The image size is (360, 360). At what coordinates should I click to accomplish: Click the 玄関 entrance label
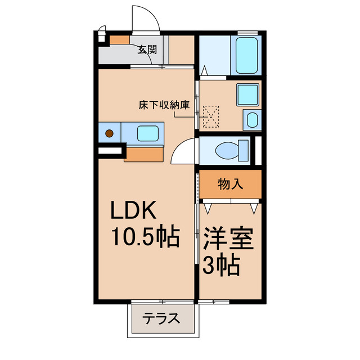pos(147,49)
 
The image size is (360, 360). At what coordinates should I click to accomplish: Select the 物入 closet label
pos(230,184)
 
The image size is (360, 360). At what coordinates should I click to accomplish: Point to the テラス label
pos(160,319)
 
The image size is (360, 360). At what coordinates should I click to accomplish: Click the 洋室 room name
pos(228,239)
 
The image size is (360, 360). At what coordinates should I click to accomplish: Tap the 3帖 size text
pos(222,264)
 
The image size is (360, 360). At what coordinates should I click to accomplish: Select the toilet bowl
pos(231,150)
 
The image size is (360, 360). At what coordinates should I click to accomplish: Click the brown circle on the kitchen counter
pos(109,134)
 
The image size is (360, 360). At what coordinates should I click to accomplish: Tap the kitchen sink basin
pos(147,133)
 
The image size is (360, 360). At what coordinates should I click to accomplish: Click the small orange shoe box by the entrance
pos(119,40)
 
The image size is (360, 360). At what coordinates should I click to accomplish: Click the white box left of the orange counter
pos(111,151)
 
